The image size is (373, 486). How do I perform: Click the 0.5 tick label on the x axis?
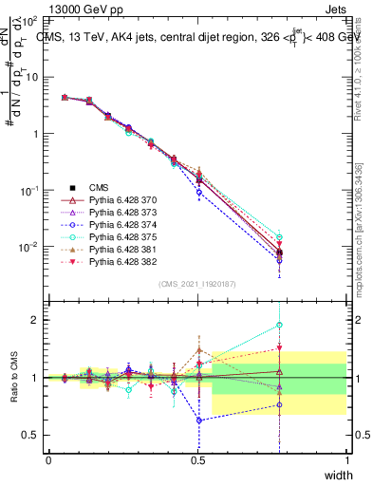(198, 460)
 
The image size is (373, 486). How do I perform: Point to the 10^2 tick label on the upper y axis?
(30, 20)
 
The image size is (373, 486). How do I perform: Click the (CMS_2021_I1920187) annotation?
(197, 284)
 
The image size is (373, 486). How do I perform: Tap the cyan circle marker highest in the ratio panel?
(279, 326)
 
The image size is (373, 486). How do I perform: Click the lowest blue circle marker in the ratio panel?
(199, 421)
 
